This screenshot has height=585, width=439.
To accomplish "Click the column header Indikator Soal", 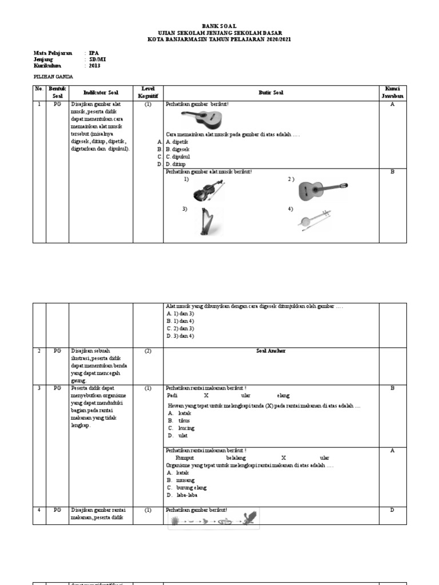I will point(101,93).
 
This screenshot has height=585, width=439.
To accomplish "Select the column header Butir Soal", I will point(271,93).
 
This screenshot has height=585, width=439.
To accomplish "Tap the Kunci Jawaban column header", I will point(392,93).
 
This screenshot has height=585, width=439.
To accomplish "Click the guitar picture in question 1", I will point(202,119).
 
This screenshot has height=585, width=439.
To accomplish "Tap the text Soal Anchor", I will point(271,351).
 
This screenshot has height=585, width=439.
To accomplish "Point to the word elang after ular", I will point(283,395).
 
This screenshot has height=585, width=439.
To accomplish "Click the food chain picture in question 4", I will point(213,520).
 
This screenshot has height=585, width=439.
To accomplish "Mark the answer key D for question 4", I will point(392,510).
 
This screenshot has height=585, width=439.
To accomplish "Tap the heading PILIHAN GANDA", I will point(54,77).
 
